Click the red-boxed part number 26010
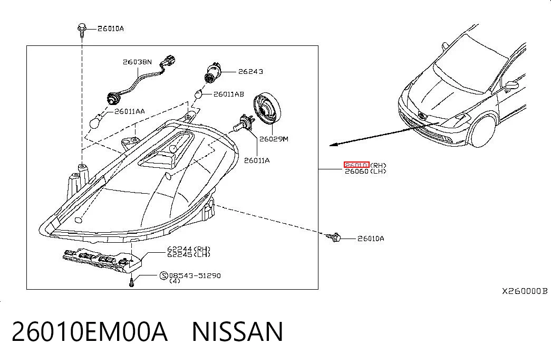pos(356,165)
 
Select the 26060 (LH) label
pos(365,172)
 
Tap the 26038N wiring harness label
pos(137,62)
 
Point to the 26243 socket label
pos(250,71)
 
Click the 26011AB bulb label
pos(228,94)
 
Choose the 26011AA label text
pos(129,111)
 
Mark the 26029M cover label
pos(274,139)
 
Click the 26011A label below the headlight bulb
pos(257,160)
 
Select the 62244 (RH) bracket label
pos(189,249)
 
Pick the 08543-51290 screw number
pos(195,275)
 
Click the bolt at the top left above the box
pos(82,30)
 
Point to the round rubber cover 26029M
pos(267,109)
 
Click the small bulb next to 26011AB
pos(199,94)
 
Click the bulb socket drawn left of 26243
pos(212,73)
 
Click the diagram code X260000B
pos(524,291)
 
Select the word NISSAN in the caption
pos(237,331)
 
